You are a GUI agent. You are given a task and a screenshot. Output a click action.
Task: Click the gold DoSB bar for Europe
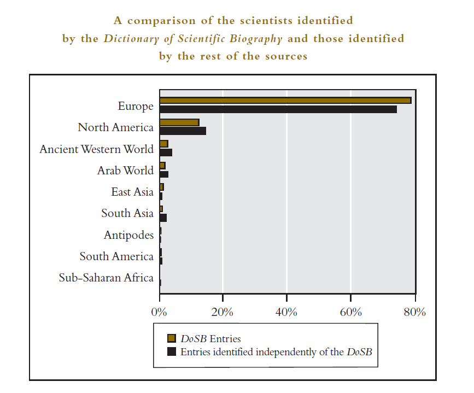coord(285,101)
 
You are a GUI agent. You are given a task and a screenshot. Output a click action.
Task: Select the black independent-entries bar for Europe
coord(278,109)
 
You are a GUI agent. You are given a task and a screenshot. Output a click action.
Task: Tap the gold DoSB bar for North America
coord(179,122)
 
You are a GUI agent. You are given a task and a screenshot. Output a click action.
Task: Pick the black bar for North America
coord(183,131)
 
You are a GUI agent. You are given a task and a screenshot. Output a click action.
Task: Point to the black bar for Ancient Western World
coord(166,152)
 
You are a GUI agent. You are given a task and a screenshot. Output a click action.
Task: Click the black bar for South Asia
coord(163,218)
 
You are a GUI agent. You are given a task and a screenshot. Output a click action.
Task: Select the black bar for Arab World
coord(164,174)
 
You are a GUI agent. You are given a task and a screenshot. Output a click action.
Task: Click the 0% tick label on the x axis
coord(159,313)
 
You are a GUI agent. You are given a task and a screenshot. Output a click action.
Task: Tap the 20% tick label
coord(223,313)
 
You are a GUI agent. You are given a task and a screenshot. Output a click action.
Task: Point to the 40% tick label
coord(286,313)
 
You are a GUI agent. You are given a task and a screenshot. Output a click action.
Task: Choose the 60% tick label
coord(350,313)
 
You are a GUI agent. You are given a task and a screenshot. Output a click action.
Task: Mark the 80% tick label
coord(414,313)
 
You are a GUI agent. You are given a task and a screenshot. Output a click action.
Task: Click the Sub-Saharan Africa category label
coord(106,278)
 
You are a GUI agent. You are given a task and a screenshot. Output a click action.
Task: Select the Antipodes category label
coord(128,235)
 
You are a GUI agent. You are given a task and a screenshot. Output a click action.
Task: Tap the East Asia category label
coord(132,192)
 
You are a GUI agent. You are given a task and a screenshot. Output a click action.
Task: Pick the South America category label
coord(116,256)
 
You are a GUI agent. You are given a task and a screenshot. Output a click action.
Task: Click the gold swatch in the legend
coord(172,339)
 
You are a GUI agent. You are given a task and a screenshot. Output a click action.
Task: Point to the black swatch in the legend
coord(172,352)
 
